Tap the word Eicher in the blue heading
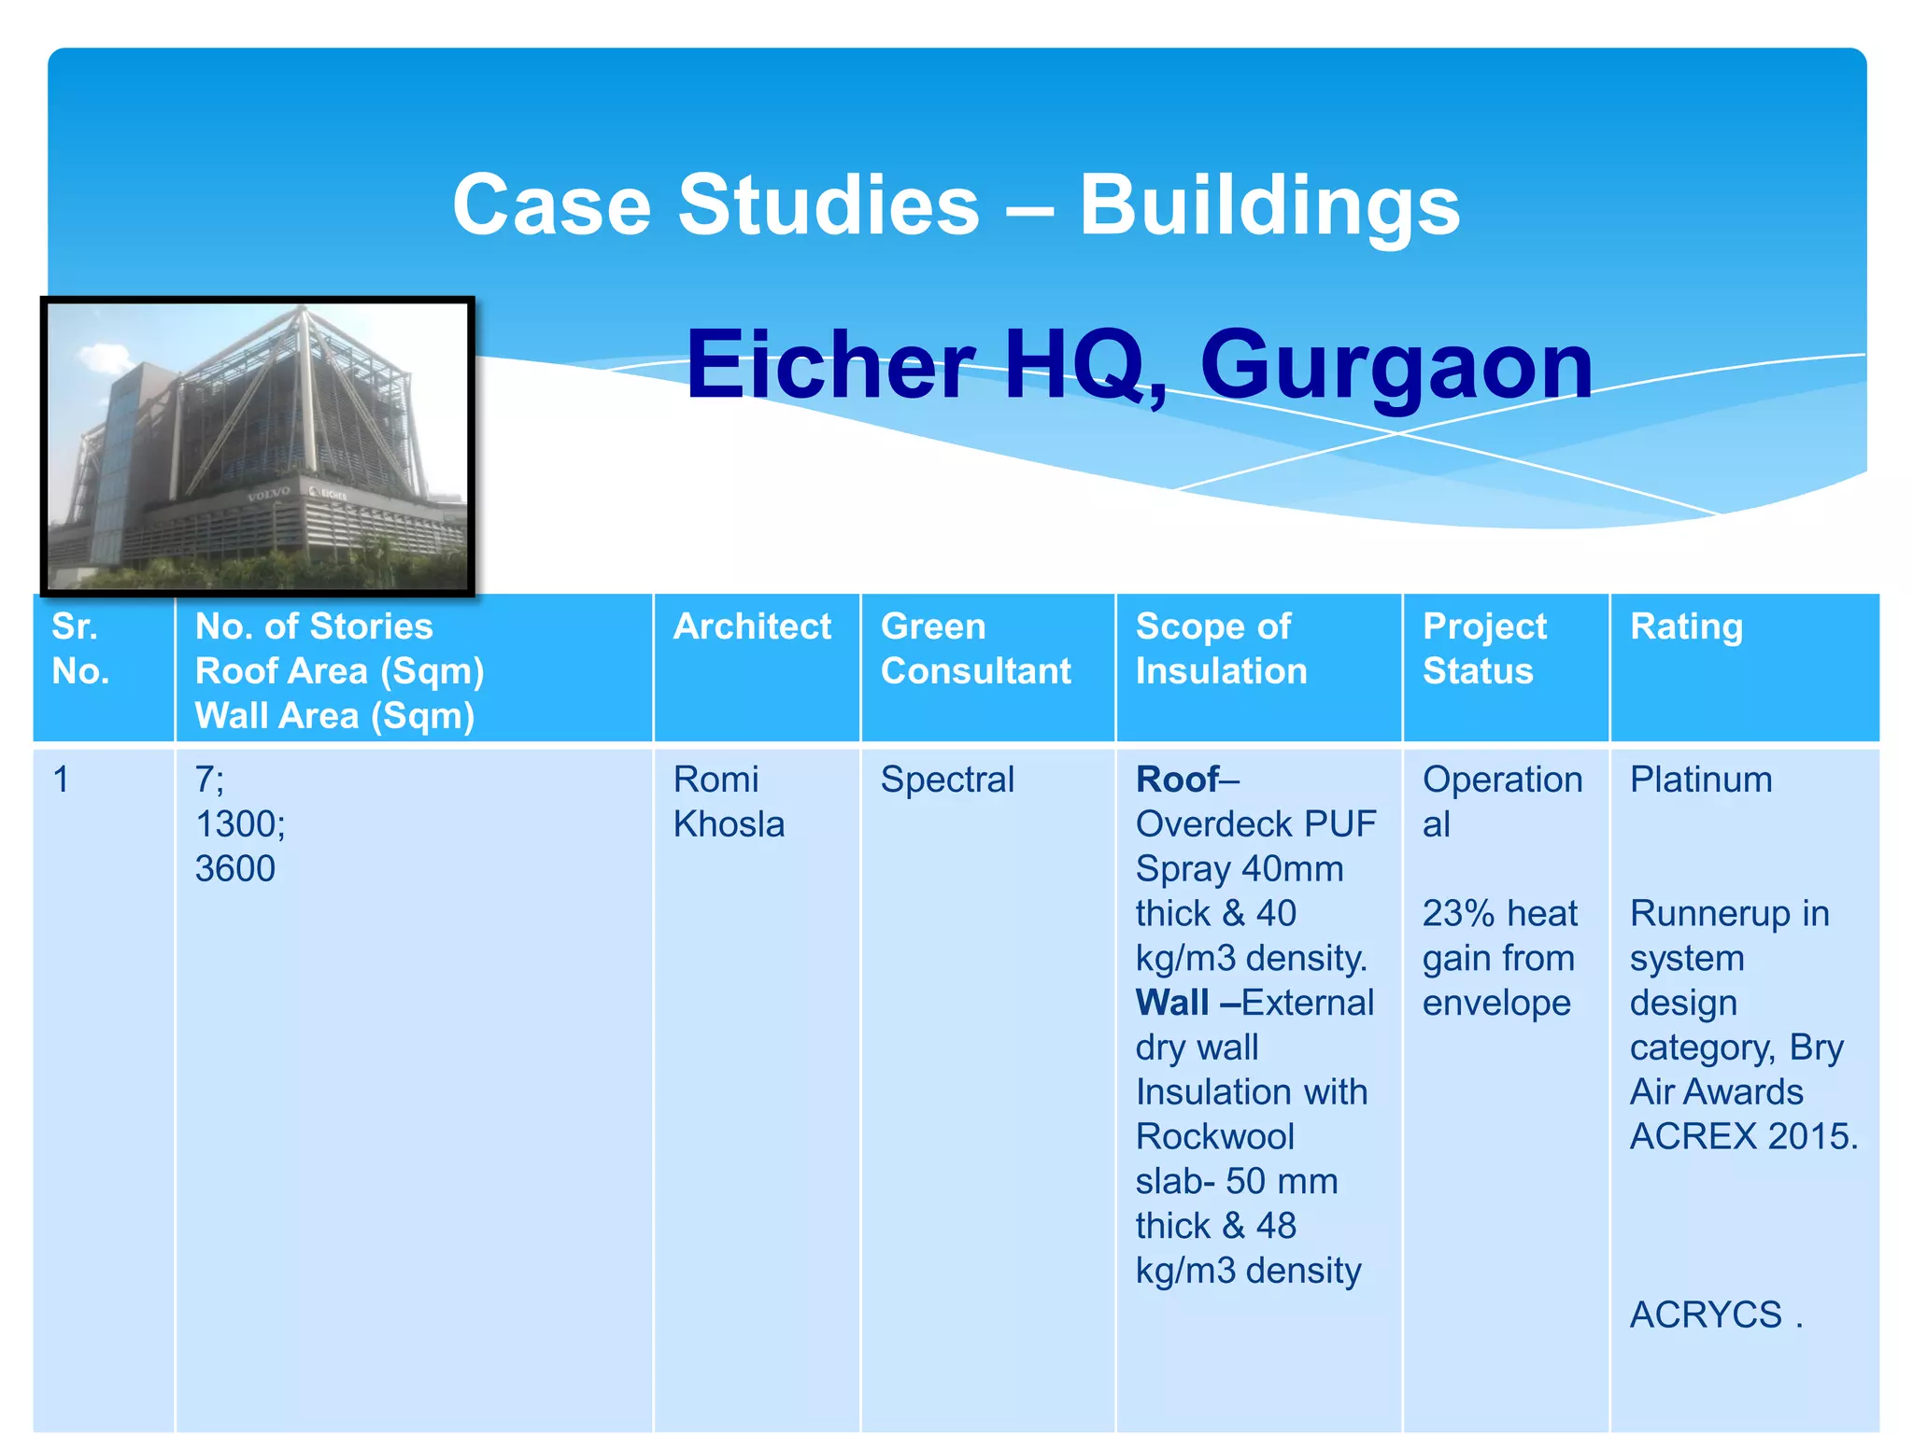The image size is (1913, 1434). [x=830, y=366]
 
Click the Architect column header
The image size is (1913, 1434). [x=752, y=626]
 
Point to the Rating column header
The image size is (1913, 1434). [x=1685, y=626]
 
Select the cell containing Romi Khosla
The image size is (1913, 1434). [x=728, y=802]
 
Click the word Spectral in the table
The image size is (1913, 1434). [x=946, y=780]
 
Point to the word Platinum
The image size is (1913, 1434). [x=1700, y=780]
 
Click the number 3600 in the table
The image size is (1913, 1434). [x=234, y=869]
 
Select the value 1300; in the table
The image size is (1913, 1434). [x=239, y=824]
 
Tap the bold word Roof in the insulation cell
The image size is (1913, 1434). [x=1177, y=780]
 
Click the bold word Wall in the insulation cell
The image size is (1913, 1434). [x=1171, y=1004]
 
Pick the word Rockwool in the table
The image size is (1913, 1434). [x=1214, y=1137]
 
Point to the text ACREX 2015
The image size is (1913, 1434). [x=1743, y=1137]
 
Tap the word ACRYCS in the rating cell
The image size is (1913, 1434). [x=1706, y=1315]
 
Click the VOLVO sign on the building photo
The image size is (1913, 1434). [x=268, y=493]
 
